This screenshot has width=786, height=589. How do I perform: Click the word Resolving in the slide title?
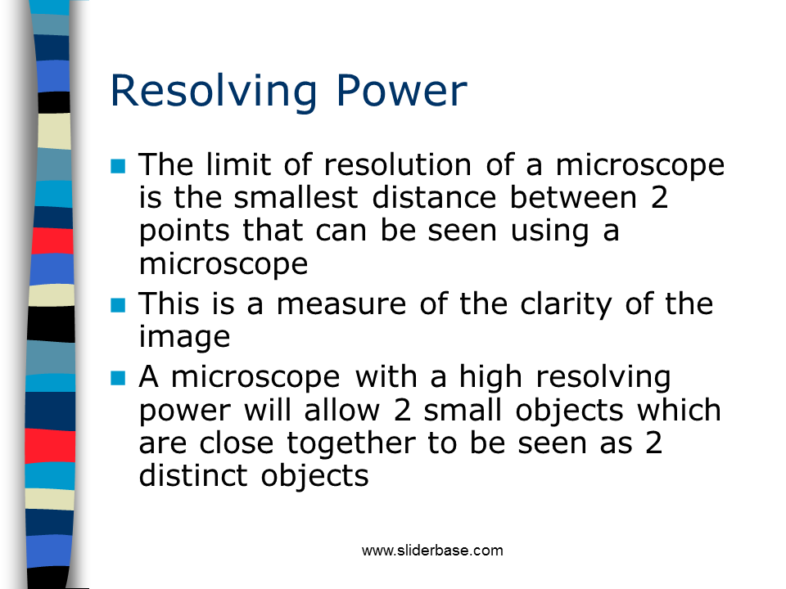(214, 92)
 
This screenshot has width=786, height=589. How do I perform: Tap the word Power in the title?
(401, 91)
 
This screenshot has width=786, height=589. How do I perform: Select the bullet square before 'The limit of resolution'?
(118, 166)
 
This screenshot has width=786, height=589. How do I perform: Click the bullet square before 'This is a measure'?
(118, 305)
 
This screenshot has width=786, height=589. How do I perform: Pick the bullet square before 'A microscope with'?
(118, 378)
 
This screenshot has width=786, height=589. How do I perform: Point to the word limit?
(238, 164)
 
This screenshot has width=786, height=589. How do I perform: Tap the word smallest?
(296, 197)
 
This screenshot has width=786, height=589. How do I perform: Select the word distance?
(434, 197)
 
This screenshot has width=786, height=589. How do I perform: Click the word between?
(573, 197)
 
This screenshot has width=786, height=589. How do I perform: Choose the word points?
(184, 232)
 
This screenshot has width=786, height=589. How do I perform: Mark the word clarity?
(567, 305)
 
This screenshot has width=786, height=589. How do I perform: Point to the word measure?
(341, 304)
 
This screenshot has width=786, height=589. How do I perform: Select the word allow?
(342, 410)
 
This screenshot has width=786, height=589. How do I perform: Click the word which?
(679, 410)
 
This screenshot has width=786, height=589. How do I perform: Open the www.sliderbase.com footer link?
(432, 551)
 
